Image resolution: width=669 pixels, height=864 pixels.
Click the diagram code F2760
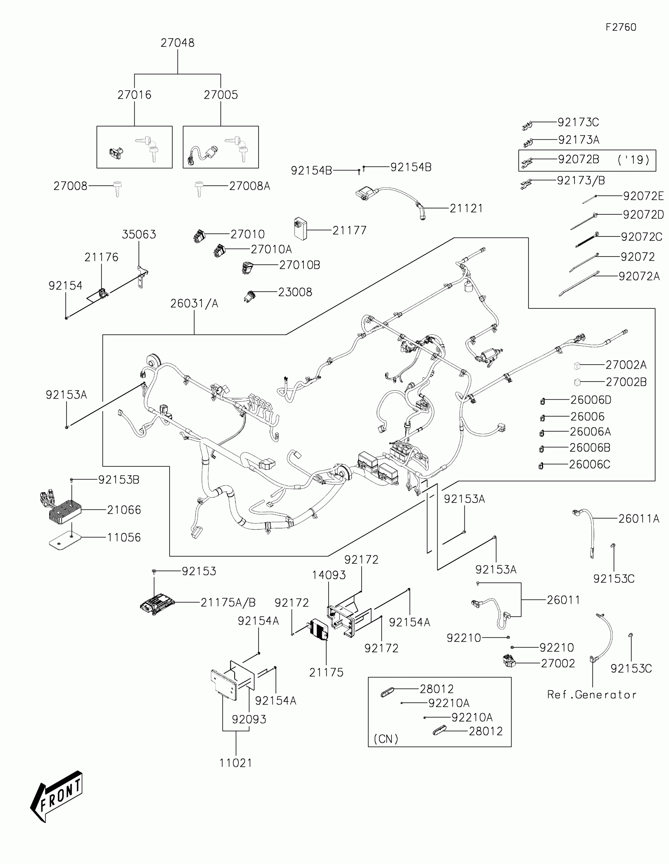(x=621, y=27)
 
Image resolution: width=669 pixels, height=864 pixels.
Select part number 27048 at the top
(x=177, y=43)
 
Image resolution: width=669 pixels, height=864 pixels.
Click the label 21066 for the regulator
(x=124, y=510)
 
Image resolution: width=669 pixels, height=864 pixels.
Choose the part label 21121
(x=466, y=209)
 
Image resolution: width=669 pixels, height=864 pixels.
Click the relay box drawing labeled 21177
(x=300, y=229)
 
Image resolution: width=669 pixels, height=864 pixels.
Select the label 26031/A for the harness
(x=194, y=303)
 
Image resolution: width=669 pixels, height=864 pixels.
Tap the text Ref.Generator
(x=591, y=695)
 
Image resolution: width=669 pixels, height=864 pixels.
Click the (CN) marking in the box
(x=386, y=738)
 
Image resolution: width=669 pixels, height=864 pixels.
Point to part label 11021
(x=236, y=763)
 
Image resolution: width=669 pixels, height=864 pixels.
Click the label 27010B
(x=299, y=265)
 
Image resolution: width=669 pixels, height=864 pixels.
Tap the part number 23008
(x=295, y=292)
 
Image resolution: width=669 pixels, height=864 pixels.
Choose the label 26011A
(x=639, y=519)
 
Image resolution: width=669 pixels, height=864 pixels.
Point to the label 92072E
(x=643, y=196)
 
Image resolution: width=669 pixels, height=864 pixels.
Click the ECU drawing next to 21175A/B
(x=157, y=603)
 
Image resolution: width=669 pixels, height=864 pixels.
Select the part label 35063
(x=139, y=234)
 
